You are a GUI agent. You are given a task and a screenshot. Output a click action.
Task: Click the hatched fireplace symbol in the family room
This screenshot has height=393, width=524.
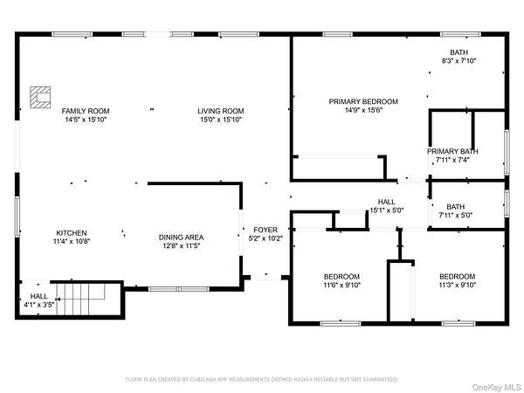[40, 97]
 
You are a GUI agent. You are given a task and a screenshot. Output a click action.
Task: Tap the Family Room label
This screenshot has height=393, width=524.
[86, 111]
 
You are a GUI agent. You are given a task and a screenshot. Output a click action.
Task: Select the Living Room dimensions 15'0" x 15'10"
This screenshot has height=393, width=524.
[221, 120]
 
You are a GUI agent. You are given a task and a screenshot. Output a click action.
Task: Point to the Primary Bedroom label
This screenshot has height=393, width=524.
[363, 101]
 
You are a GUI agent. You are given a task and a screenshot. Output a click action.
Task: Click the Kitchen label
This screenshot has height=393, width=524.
[72, 233]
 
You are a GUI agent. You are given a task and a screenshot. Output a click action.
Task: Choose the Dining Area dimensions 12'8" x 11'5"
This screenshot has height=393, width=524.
[181, 246]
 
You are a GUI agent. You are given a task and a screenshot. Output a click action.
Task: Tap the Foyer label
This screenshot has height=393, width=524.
[265, 230]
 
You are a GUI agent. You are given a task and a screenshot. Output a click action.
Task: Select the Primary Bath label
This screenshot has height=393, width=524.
[452, 151]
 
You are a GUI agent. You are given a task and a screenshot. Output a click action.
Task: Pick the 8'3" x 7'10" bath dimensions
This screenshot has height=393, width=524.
[458, 61]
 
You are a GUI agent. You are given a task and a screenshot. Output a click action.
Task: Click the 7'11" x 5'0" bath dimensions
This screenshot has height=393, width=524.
[456, 215]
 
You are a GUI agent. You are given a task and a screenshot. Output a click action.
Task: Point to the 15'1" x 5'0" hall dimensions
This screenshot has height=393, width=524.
[387, 210]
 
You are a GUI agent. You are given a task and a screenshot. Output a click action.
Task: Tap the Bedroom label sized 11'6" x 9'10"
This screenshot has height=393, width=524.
[341, 277]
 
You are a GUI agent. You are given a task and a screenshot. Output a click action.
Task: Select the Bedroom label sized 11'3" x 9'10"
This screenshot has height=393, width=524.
[457, 277]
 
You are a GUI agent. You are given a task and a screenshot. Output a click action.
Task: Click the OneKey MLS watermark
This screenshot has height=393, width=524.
[497, 387]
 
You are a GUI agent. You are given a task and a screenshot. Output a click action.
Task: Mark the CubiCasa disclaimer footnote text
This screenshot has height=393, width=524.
[262, 380]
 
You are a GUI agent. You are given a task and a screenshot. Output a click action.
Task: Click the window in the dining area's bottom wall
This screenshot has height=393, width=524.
[179, 289]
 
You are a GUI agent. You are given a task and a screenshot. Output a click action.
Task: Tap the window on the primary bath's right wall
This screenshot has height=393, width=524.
[507, 152]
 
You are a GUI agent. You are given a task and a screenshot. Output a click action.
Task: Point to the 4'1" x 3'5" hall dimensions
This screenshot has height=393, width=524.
[38, 305]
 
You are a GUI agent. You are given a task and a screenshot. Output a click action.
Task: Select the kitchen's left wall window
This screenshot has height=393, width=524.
[17, 217]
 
